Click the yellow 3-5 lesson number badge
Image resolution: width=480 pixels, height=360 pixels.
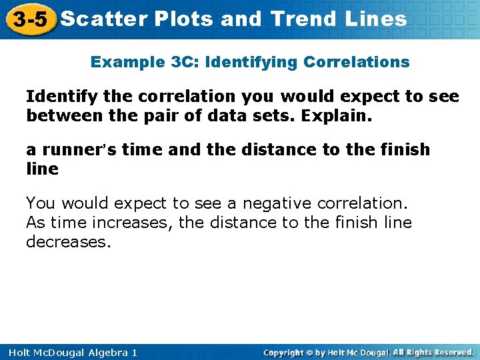(x=29, y=19)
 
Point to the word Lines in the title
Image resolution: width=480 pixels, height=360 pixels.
(x=376, y=19)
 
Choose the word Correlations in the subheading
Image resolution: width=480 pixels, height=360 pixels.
(x=356, y=62)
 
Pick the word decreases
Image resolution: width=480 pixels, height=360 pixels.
(x=67, y=242)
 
